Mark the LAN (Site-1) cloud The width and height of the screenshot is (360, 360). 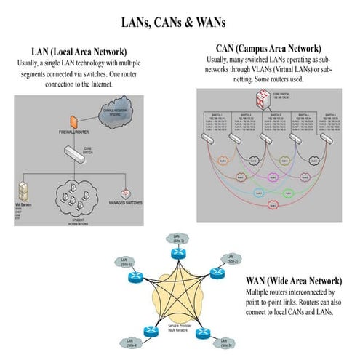pyautogui.click(x=177, y=238)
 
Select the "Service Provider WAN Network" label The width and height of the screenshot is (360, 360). pyautogui.click(x=179, y=329)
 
